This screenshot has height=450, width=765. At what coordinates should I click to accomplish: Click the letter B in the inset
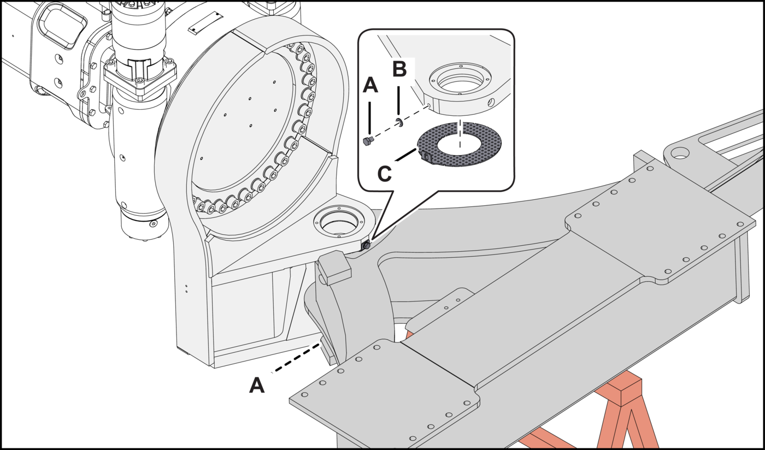point(399,70)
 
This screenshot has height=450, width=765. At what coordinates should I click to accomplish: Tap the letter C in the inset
point(385,174)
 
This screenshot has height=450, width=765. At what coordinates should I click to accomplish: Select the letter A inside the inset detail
point(370,85)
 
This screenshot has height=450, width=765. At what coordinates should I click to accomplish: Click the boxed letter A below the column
point(257,386)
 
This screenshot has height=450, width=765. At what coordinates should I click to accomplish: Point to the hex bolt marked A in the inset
point(368,141)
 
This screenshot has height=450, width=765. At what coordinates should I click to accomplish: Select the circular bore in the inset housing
point(459,81)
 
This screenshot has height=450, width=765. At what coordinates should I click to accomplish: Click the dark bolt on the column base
point(366,246)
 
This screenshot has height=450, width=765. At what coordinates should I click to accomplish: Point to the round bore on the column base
point(338,222)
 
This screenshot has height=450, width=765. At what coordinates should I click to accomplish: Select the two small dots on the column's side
point(186,288)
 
